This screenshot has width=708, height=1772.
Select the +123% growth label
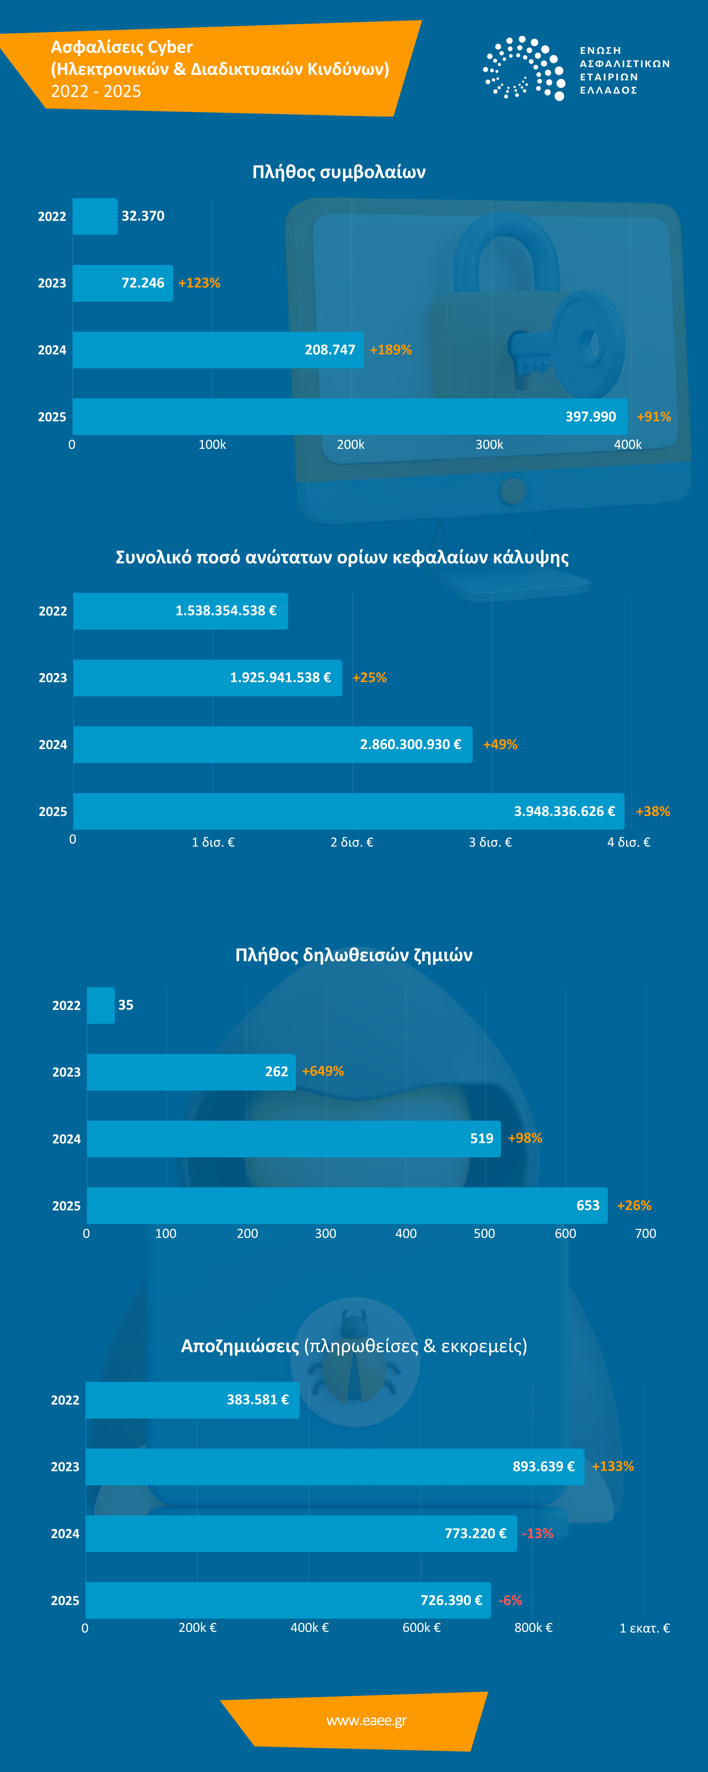199,283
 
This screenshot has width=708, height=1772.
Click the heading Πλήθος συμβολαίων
339,172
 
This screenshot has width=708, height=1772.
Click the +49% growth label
500,744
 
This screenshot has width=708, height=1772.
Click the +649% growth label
323,1071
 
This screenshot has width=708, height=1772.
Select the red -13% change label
538,1533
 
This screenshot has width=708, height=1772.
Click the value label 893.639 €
543,1467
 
